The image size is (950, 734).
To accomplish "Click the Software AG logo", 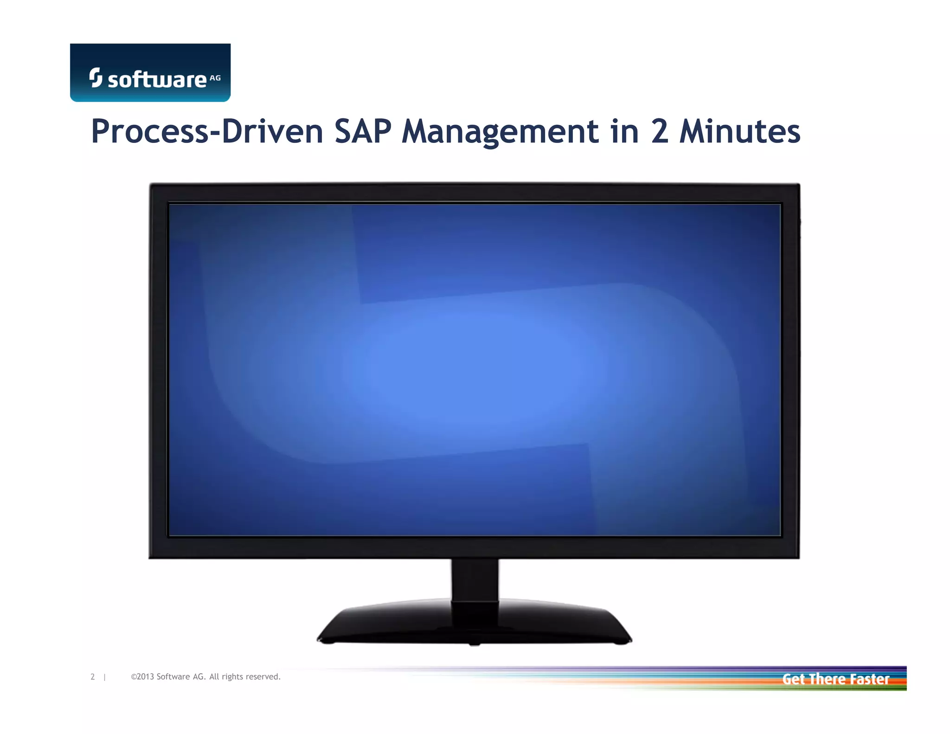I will click(x=150, y=72).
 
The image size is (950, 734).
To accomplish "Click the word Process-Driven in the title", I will click(x=207, y=131).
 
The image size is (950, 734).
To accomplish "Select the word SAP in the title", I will click(x=363, y=131).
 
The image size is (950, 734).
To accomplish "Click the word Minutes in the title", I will click(x=740, y=131).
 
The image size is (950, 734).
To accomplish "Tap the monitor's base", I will click(x=474, y=624).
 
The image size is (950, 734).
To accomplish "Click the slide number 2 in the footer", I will click(x=93, y=677).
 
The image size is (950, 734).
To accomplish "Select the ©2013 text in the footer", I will click(x=142, y=677).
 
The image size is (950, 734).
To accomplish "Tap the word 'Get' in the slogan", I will click(x=793, y=679).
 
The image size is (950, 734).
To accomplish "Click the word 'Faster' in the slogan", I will click(x=870, y=679).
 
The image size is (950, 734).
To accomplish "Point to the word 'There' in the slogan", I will click(x=828, y=679).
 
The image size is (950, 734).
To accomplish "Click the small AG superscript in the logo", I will click(x=215, y=78).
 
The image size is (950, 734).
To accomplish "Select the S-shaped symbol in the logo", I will click(x=96, y=77).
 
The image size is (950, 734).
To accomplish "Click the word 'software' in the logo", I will click(x=157, y=80).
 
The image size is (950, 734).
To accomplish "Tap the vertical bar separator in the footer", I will click(x=105, y=677).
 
